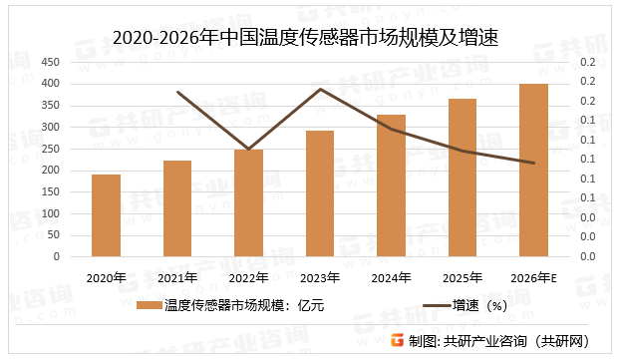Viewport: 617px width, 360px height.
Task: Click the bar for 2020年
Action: pyautogui.click(x=106, y=215)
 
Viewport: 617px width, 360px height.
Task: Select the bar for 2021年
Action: pyautogui.click(x=177, y=208)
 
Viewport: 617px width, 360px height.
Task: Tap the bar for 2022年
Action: pyautogui.click(x=248, y=202)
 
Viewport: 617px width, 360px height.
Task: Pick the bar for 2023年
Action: pyautogui.click(x=320, y=193)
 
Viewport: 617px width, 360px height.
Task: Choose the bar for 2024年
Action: pyautogui.click(x=391, y=185)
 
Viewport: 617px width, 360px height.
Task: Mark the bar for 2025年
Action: pyautogui.click(x=463, y=178)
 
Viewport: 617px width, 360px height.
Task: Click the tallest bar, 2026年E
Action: pyautogui.click(x=533, y=170)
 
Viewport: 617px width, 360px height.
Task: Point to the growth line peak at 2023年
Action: pyautogui.click(x=320, y=89)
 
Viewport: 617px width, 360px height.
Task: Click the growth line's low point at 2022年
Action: pyautogui.click(x=248, y=149)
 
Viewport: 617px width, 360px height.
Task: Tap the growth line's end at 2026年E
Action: pyautogui.click(x=533, y=163)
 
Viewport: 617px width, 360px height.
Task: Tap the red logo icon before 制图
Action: pyautogui.click(x=398, y=340)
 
